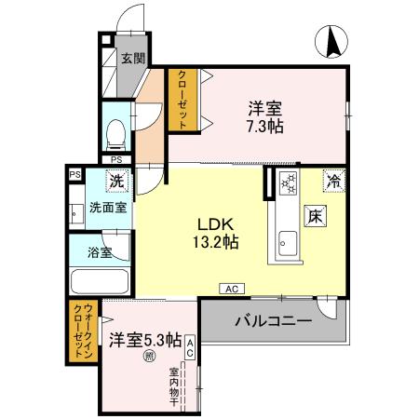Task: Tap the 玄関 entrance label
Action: tap(133, 59)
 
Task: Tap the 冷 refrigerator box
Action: tap(331, 179)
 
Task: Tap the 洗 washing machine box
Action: tap(117, 181)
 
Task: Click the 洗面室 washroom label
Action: tap(107, 208)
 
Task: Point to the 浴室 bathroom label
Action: tap(100, 252)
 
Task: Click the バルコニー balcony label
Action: tap(272, 321)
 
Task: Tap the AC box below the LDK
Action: tap(229, 289)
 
